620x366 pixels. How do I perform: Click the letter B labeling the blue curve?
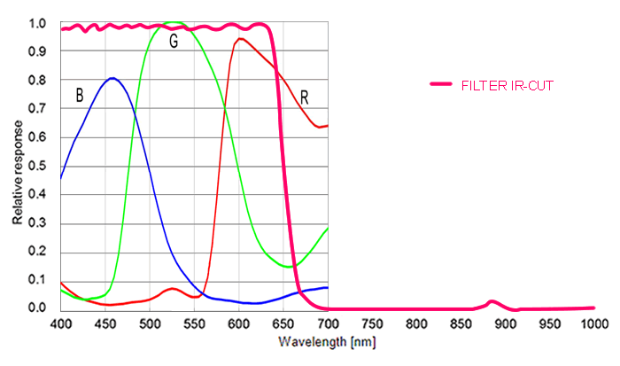click(79, 96)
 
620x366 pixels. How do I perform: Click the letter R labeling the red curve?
click(304, 96)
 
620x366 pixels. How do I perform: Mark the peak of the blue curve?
click(112, 78)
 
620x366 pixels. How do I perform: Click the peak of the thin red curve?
click(239, 39)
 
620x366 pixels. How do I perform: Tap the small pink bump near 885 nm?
click(492, 302)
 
